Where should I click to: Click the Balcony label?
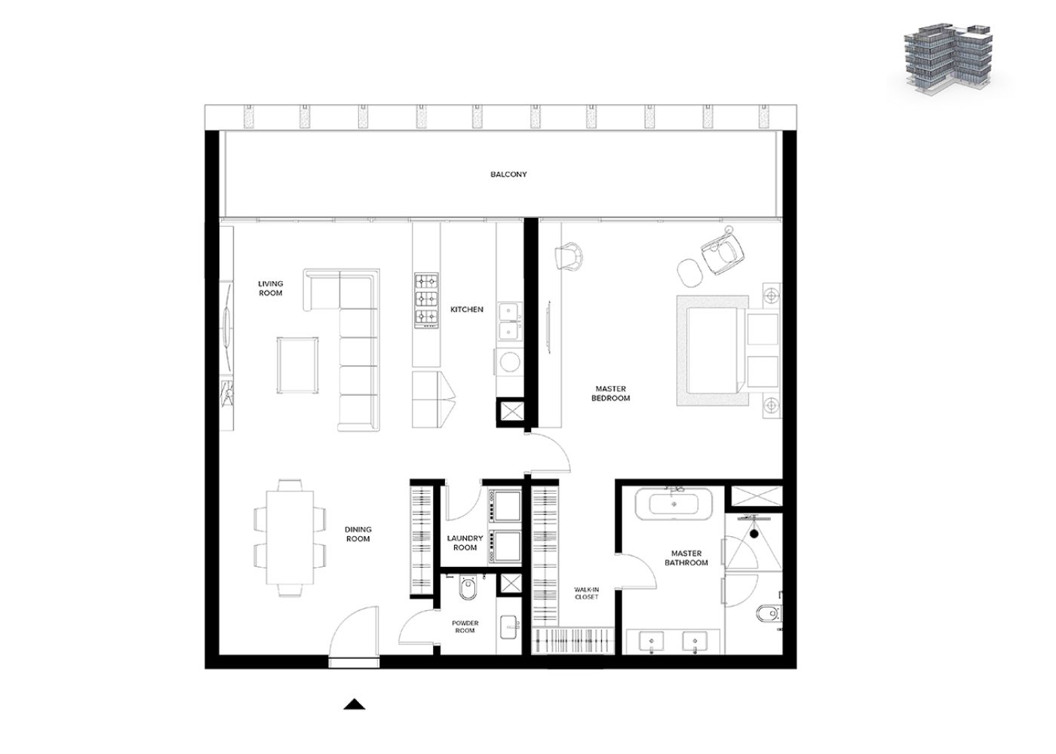(x=508, y=174)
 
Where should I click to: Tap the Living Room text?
(x=271, y=288)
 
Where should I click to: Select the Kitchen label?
(x=467, y=310)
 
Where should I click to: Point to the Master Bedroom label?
(x=610, y=394)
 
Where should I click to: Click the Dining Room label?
(x=358, y=535)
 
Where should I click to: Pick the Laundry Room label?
(x=465, y=543)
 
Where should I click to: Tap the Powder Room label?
(x=465, y=627)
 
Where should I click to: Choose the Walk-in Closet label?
(x=587, y=593)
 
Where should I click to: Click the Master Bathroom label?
(x=686, y=558)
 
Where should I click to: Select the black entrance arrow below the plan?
(x=355, y=704)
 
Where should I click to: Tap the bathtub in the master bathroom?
(x=674, y=504)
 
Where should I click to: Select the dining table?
(x=290, y=538)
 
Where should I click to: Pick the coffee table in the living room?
(x=297, y=365)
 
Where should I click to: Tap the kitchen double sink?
(x=509, y=322)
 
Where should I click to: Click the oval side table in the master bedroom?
(x=689, y=272)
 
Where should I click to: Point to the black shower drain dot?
(x=754, y=534)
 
